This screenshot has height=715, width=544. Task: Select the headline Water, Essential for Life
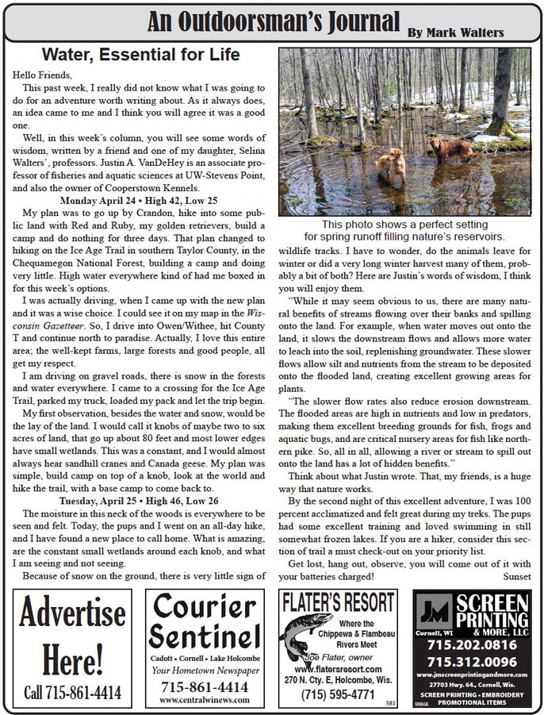[x=140, y=55]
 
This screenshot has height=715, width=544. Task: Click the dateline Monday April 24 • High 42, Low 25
[x=140, y=202]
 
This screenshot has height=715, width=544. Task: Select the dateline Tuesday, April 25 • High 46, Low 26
[x=140, y=501]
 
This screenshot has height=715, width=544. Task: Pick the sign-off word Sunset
[x=516, y=575]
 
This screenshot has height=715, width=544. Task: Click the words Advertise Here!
[x=72, y=635]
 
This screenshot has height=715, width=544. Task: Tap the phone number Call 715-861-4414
[x=72, y=692]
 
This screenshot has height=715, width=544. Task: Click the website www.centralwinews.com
[x=205, y=700]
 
